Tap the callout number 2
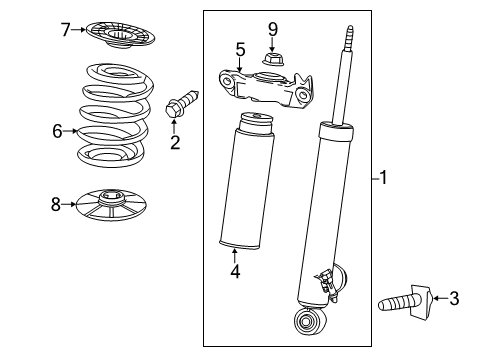[174, 142]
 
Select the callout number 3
[455, 297]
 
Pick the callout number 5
[240, 48]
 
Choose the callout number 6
[57, 130]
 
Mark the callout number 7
[66, 29]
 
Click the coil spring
[111, 115]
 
